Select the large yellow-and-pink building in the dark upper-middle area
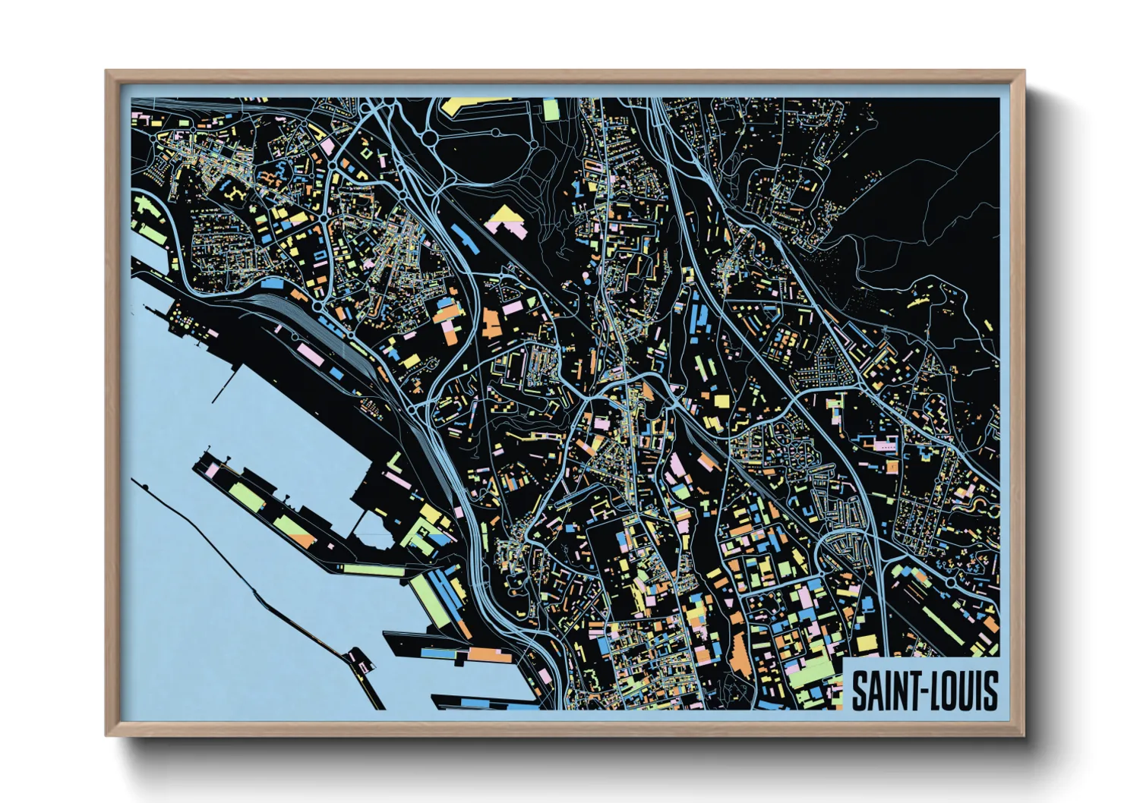pyautogui.click(x=505, y=219)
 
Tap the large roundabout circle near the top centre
pyautogui.click(x=430, y=139)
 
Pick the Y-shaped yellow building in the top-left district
pyautogui.click(x=235, y=191)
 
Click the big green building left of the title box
pyautogui.click(x=813, y=672)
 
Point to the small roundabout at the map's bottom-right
pyautogui.click(x=952, y=581)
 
